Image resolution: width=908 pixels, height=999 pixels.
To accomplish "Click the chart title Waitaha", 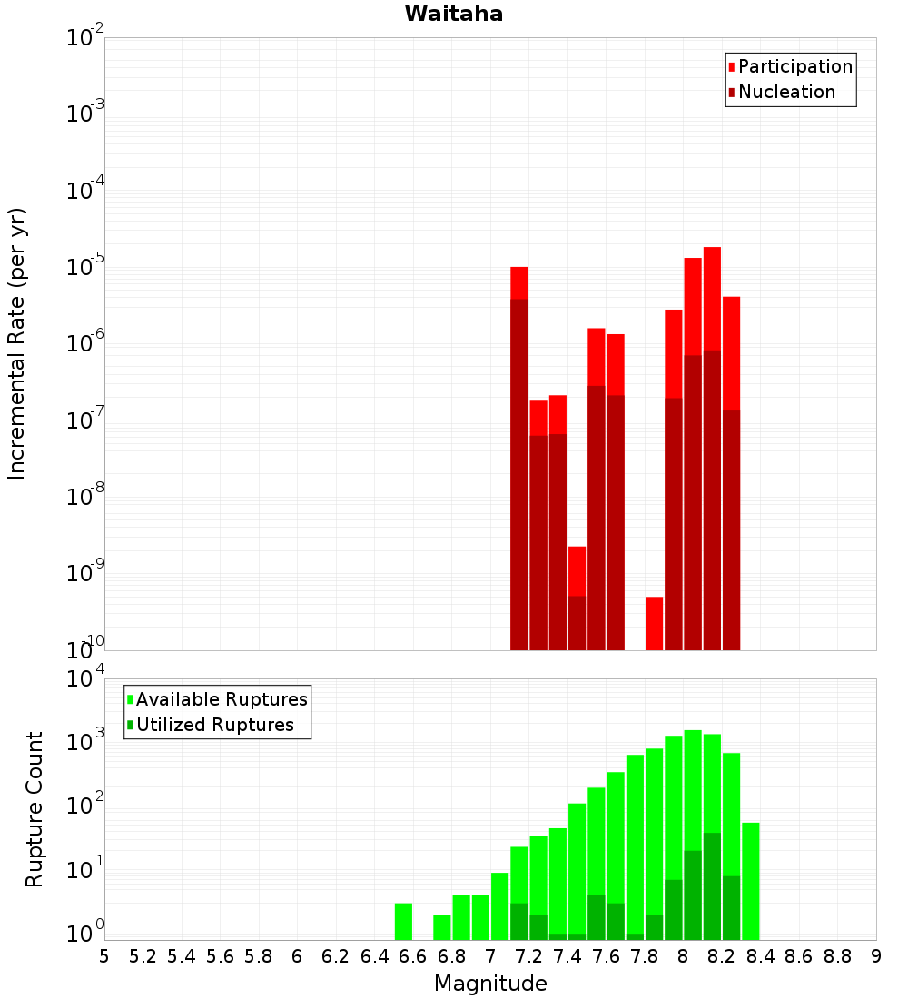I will coord(454,14).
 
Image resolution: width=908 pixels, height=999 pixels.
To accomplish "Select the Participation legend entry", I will coord(794,66).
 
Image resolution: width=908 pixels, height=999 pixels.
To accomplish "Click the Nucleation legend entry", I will coord(786,92).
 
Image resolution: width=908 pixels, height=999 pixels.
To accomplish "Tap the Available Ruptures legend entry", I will coord(222,699).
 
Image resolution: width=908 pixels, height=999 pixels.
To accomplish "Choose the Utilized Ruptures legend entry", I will coord(214,725).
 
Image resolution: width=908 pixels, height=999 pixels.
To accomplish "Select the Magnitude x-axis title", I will coord(490,984).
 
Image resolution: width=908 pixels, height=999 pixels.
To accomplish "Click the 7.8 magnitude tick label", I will coord(645,955).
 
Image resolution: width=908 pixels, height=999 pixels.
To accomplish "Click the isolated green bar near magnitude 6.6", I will coord(403,921).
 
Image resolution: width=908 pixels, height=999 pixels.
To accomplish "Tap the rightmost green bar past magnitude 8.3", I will coord(751,881).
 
